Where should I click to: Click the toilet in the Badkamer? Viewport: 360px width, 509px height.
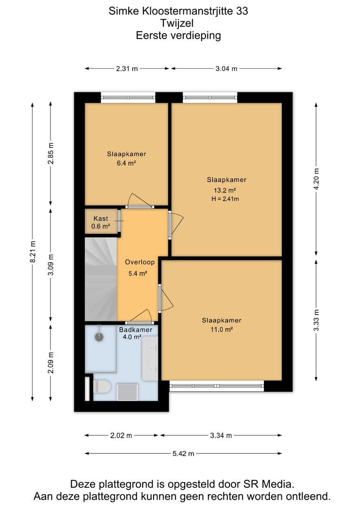pyautogui.click(x=102, y=386)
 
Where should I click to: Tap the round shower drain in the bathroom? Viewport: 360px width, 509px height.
pyautogui.click(x=99, y=337)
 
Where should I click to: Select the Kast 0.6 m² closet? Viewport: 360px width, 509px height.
pyautogui.click(x=101, y=222)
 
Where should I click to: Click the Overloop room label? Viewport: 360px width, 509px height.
pyautogui.click(x=139, y=262)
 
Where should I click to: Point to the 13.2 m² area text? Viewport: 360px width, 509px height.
pyautogui.click(x=225, y=190)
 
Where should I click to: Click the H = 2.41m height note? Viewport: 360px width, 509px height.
pyautogui.click(x=225, y=199)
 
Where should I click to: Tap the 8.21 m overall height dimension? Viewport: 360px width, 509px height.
pyautogui.click(x=33, y=252)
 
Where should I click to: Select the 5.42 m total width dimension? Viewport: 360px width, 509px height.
pyautogui.click(x=183, y=453)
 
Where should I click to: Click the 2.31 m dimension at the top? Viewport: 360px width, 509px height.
pyautogui.click(x=127, y=68)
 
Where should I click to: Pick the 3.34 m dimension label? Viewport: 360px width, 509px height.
pyautogui.click(x=221, y=435)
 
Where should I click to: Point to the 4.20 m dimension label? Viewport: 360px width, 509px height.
pyautogui.click(x=317, y=179)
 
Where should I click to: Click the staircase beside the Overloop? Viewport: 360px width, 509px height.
pyautogui.click(x=101, y=279)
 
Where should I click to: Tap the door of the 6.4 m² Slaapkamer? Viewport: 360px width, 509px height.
pyautogui.click(x=140, y=201)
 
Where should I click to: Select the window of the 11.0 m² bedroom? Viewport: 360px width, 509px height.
pyautogui.click(x=217, y=386)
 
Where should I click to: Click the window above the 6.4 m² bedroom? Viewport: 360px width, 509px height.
pyautogui.click(x=128, y=97)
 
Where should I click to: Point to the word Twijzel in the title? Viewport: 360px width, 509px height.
pyautogui.click(x=177, y=23)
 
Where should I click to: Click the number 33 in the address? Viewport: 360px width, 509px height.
pyautogui.click(x=242, y=11)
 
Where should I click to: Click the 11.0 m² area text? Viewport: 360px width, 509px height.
pyautogui.click(x=222, y=329)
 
